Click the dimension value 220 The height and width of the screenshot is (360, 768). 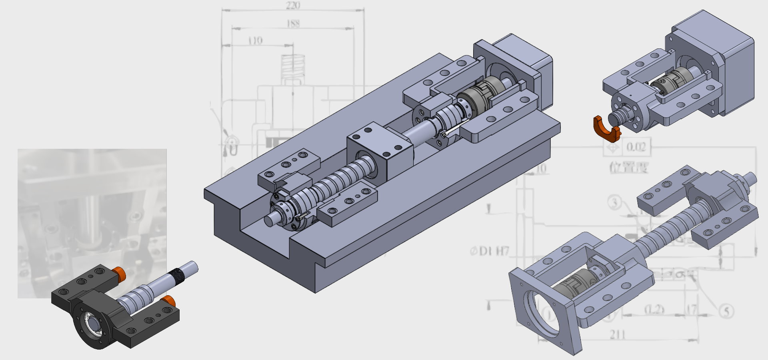[293, 5]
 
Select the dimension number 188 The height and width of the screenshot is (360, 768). [293, 24]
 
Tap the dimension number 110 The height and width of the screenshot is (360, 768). [255, 40]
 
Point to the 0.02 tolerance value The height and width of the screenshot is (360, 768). [636, 147]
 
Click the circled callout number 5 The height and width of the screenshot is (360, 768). [726, 311]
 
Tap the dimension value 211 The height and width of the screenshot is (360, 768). [618, 334]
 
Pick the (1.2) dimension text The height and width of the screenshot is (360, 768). [654, 309]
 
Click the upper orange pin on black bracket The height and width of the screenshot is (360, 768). [119, 273]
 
